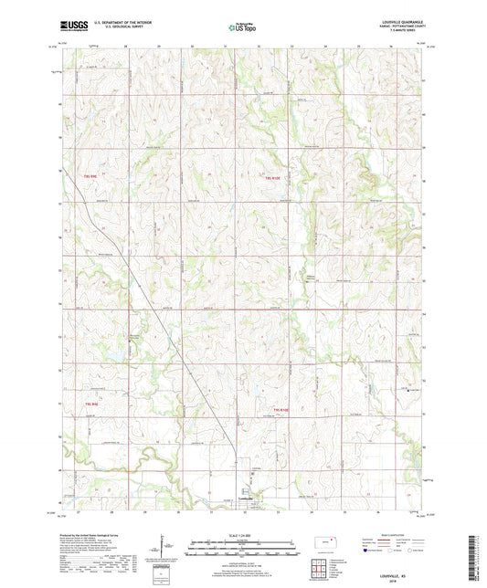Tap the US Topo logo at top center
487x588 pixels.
point(242,28)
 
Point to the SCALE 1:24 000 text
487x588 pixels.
point(243,534)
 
